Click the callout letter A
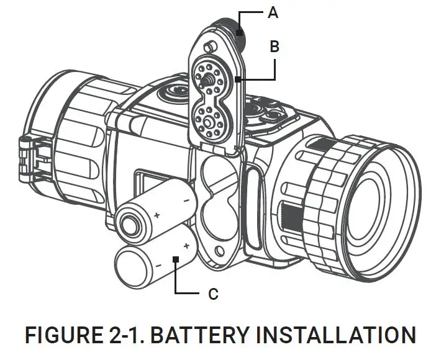click(273, 12)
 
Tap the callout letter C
click(213, 294)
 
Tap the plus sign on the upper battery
click(157, 215)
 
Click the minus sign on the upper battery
click(185, 200)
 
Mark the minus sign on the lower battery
click(159, 265)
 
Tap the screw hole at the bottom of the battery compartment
click(217, 251)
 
